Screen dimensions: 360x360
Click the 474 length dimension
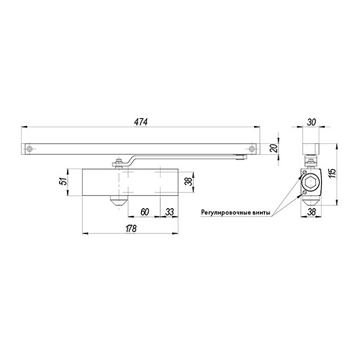click(141, 122)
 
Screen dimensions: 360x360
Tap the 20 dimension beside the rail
click(274, 148)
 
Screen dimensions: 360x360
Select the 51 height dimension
click(63, 181)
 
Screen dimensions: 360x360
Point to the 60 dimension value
click(145, 212)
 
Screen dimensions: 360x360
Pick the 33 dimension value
click(169, 212)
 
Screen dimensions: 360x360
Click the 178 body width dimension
click(131, 228)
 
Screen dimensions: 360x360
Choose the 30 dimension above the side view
click(311, 122)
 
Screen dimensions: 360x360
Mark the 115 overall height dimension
click(333, 174)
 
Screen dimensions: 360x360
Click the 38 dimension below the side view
click(312, 212)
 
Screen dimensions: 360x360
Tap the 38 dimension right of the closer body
click(189, 181)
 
